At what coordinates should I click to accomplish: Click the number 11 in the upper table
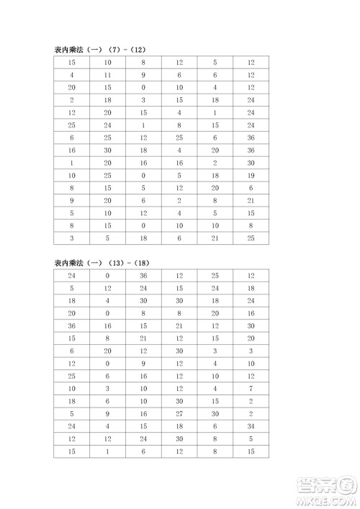tap(107, 75)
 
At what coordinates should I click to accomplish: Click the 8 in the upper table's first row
tap(143, 63)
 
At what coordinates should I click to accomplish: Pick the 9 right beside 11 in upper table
tap(143, 75)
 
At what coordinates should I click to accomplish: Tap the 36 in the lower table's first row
tap(143, 276)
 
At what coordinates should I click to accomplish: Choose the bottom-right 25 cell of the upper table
tap(250, 238)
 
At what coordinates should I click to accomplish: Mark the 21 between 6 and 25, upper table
tap(215, 238)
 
